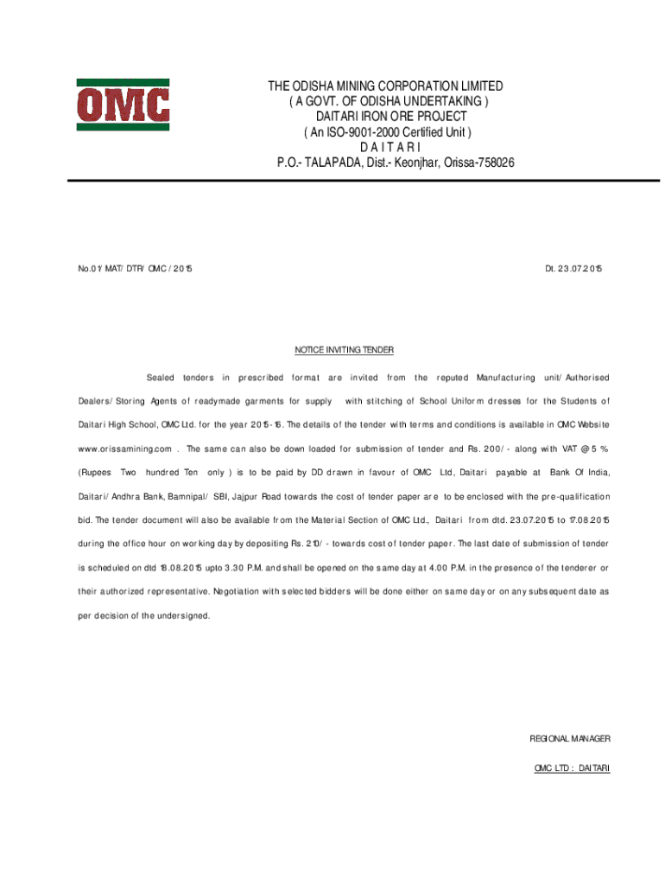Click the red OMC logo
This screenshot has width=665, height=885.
(123, 105)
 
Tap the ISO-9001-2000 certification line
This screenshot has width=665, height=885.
(384, 132)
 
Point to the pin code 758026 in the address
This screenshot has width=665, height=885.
(495, 162)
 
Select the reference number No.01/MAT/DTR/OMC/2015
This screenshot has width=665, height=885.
(135, 269)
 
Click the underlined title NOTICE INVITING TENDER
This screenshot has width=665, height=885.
(344, 350)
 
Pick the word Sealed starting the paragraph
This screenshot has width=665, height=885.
(161, 378)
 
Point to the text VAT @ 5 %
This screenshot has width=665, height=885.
(582, 449)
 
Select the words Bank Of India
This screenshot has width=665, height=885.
(579, 473)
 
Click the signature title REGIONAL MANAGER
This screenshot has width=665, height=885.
(569, 739)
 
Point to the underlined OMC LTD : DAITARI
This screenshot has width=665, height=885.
(572, 767)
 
